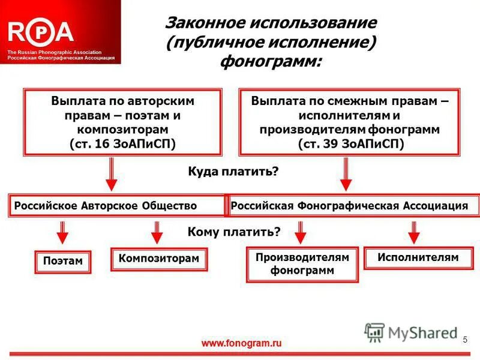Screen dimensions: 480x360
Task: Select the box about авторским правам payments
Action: pyautogui.click(x=122, y=122)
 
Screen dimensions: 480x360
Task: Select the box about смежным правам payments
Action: pyautogui.click(x=350, y=122)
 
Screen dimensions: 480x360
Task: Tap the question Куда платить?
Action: pyautogui.click(x=234, y=172)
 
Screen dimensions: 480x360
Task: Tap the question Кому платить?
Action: pyautogui.click(x=234, y=232)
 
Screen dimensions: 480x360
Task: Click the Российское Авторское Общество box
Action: pyautogui.click(x=116, y=206)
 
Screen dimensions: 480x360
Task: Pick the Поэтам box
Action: pyautogui.click(x=62, y=262)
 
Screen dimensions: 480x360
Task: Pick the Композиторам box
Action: pyautogui.click(x=158, y=259)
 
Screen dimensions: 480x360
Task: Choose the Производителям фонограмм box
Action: pyautogui.click(x=302, y=264)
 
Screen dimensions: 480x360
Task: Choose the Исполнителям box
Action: pyautogui.click(x=418, y=257)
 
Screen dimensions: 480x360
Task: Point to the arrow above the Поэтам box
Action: pyautogui.click(x=62, y=231)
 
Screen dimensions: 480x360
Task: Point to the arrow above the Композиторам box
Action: pyautogui.click(x=157, y=231)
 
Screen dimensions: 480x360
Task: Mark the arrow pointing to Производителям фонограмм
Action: pyautogui.click(x=301, y=231)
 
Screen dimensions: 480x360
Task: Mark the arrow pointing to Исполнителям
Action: pyautogui.click(x=413, y=231)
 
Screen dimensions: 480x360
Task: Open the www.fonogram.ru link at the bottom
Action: pyautogui.click(x=241, y=344)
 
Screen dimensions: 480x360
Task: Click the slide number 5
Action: pyautogui.click(x=464, y=340)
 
